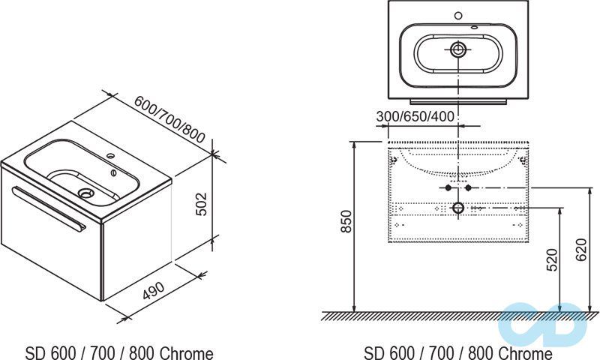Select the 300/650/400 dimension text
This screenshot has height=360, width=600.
415,117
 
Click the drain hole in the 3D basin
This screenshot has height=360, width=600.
86,193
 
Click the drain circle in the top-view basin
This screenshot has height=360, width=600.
459,51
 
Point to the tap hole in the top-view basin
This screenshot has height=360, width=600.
459,15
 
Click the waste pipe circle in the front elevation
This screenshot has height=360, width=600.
458,207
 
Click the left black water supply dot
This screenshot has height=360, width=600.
449,187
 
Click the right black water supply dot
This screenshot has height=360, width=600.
468,187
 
